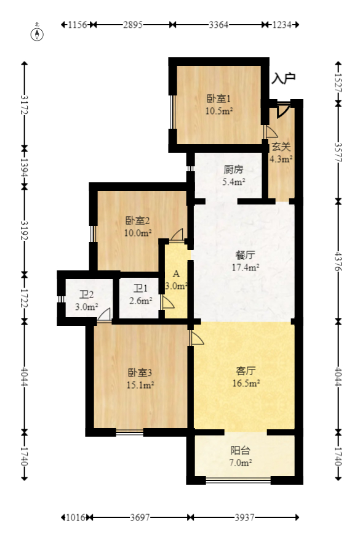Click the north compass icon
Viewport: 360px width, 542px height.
click(x=38, y=33)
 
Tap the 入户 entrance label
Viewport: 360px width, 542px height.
click(x=284, y=78)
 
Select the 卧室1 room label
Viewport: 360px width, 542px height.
click(x=218, y=99)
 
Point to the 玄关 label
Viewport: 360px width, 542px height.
click(x=281, y=147)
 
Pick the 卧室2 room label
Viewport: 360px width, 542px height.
click(x=138, y=220)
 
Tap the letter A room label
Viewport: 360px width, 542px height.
click(x=176, y=273)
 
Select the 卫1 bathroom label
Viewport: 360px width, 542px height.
click(x=141, y=288)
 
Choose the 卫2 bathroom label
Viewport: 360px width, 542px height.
click(x=86, y=294)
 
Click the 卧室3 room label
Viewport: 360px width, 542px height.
click(x=140, y=373)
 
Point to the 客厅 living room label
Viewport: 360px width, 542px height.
click(x=246, y=371)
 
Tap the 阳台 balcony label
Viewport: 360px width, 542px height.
click(x=241, y=450)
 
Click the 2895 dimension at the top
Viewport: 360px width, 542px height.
click(x=132, y=25)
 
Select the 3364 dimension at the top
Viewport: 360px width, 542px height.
click(x=219, y=25)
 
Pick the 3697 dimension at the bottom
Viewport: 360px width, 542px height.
click(x=140, y=517)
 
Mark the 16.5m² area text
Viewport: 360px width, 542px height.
click(x=246, y=383)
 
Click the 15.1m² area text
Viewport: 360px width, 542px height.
click(x=140, y=386)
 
